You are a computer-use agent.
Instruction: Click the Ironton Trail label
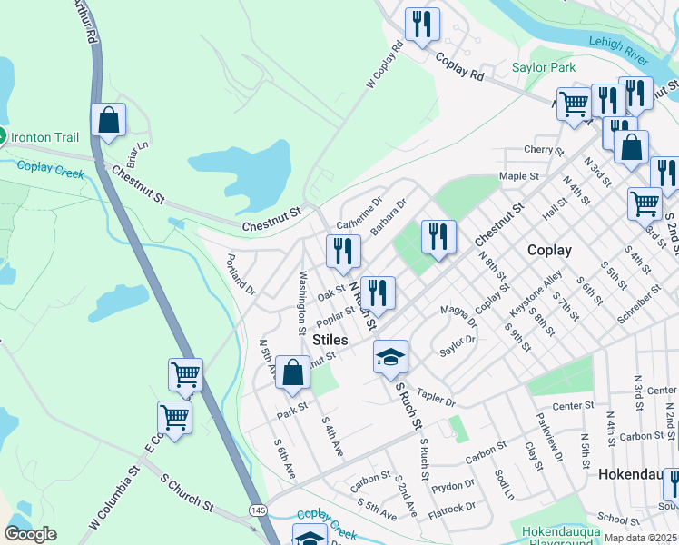(45, 137)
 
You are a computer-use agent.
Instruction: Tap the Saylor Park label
(544, 67)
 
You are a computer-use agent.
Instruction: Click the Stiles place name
(330, 339)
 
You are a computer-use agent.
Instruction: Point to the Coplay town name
(549, 250)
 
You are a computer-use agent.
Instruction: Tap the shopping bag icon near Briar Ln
(108, 120)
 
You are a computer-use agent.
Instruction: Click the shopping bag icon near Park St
(292, 372)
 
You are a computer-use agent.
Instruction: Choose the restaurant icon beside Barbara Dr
(343, 251)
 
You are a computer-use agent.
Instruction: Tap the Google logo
(31, 534)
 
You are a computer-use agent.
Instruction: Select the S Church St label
(186, 491)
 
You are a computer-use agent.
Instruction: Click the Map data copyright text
(640, 538)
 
